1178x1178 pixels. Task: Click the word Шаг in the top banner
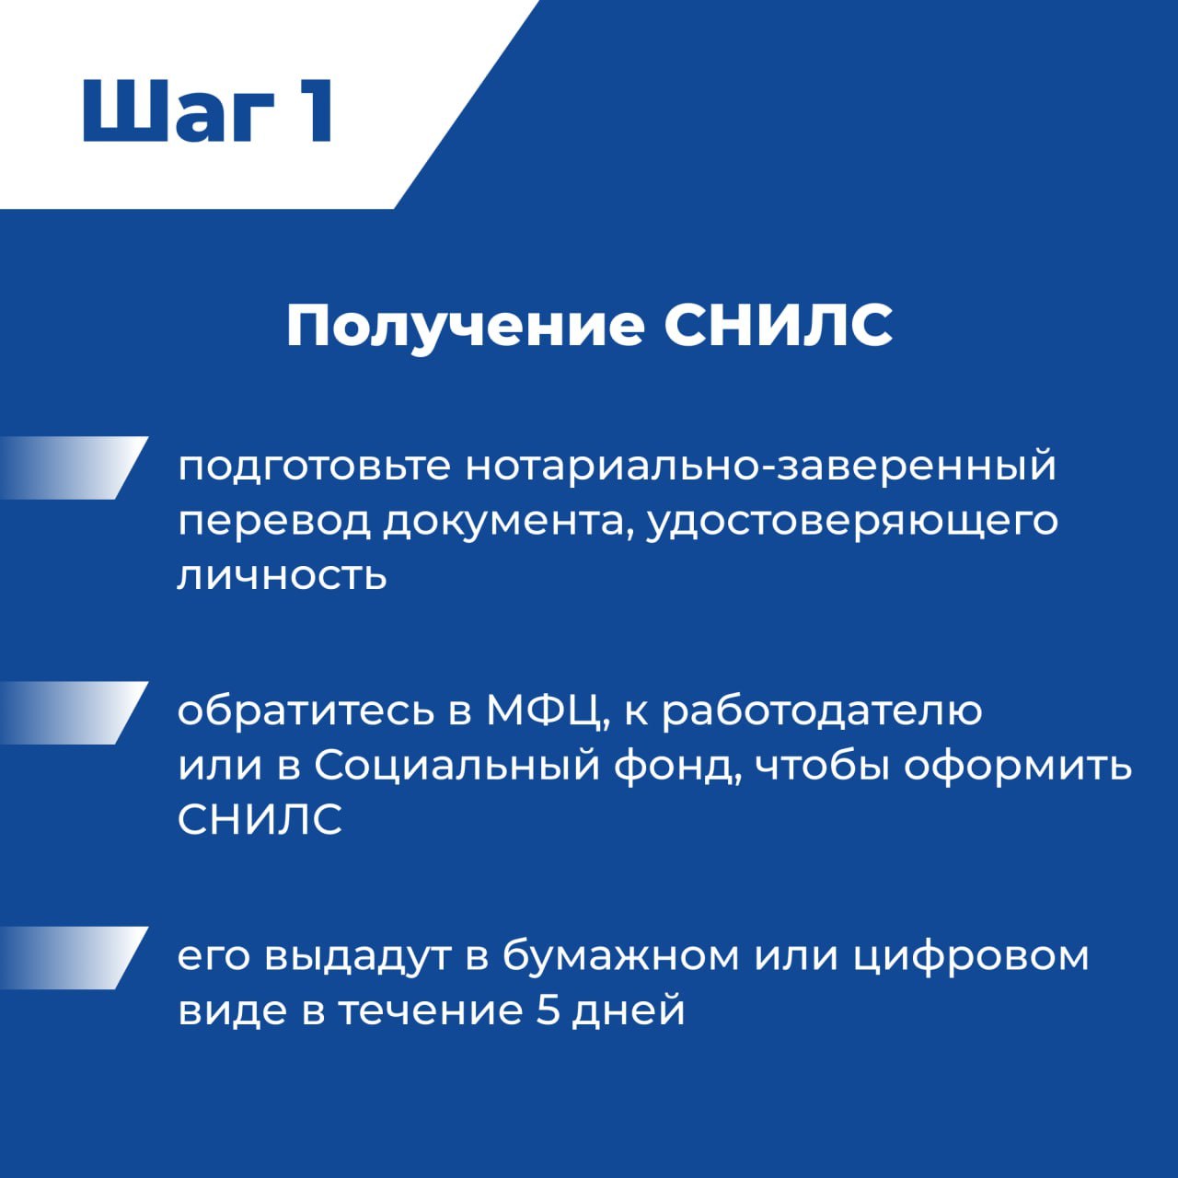coord(179,110)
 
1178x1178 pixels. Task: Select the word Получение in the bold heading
coord(465,327)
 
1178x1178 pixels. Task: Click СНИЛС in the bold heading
coord(779,326)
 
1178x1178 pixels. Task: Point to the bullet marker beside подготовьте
coord(74,468)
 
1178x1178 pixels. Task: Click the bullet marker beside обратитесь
coord(74,713)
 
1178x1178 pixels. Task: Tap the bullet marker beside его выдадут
coord(74,958)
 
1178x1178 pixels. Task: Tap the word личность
coord(282,574)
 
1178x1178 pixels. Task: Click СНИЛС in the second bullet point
coord(260,819)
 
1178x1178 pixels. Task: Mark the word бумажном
coord(621,957)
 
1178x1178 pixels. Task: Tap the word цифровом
coord(971,958)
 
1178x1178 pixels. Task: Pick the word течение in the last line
coord(431,1011)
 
